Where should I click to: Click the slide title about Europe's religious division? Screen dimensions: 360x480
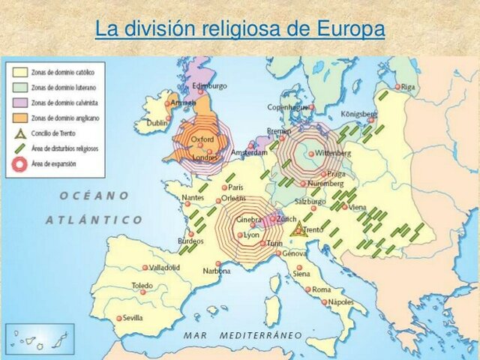(x=240, y=30)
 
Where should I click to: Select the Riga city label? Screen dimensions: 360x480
(x=408, y=87)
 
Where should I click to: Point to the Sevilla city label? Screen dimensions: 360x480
(x=133, y=317)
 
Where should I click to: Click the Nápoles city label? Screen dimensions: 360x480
(x=340, y=301)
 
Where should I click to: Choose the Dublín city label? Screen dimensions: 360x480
(x=157, y=123)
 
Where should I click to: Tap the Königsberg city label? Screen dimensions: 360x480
(x=362, y=114)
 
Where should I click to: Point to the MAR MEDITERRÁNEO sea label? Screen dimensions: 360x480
(x=240, y=334)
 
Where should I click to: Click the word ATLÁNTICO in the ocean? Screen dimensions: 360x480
(x=94, y=220)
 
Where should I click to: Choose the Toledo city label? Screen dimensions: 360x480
(x=142, y=286)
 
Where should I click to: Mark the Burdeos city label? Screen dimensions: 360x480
(x=190, y=241)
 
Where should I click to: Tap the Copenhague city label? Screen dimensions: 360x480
(x=289, y=106)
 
